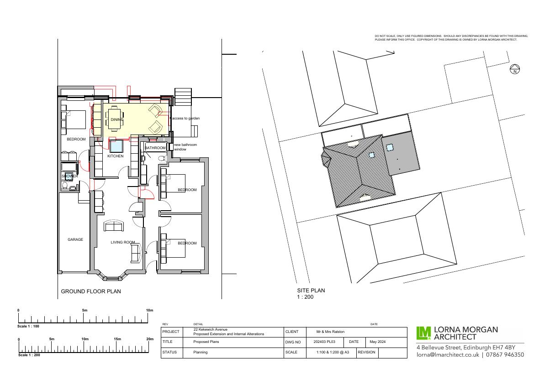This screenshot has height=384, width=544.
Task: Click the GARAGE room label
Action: click(75, 239)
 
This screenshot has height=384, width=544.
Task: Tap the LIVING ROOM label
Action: click(123, 242)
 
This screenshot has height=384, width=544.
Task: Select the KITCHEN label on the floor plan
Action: click(115, 156)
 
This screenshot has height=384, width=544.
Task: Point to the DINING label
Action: click(117, 120)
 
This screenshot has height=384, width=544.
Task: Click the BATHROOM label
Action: click(155, 148)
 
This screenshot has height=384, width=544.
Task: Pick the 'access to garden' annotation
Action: click(186, 119)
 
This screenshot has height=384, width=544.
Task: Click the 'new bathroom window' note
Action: click(185, 147)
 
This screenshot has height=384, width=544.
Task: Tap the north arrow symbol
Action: click(515, 69)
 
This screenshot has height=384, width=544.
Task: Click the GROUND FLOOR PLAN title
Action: click(91, 291)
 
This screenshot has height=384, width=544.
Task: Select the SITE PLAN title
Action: click(311, 291)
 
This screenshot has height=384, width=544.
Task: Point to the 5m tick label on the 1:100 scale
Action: click(85, 310)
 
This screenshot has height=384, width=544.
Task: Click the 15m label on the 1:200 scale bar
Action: click(117, 339)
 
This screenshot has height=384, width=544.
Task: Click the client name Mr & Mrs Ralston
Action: click(330, 332)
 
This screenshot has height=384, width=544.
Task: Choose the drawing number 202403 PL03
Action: click(324, 342)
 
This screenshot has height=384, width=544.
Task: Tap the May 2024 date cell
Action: click(377, 342)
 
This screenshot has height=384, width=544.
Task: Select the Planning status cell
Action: click(200, 352)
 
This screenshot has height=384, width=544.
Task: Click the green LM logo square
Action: click(423, 333)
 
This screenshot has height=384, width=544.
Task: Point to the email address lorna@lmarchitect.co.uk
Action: click(448, 354)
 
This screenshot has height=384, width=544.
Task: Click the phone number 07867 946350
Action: click(505, 354)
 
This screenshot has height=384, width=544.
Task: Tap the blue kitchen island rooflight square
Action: click(116, 146)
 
